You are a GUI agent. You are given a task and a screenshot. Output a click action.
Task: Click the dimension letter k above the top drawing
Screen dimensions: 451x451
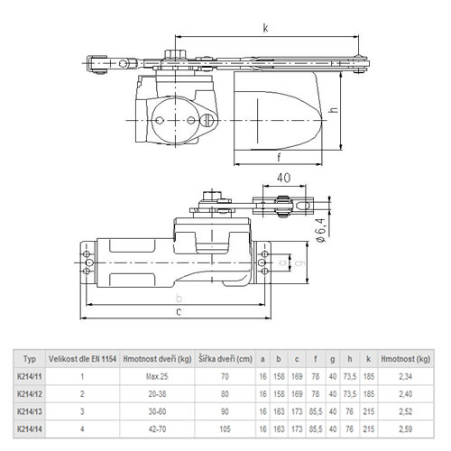click(265, 28)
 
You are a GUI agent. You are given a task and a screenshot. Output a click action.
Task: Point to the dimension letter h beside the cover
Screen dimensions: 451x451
click(334, 110)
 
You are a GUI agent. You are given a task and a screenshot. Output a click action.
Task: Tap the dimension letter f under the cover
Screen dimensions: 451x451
click(279, 157)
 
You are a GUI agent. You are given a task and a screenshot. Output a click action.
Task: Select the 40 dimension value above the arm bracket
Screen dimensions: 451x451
click(283, 178)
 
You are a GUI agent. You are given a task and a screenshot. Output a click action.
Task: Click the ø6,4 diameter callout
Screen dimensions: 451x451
click(321, 230)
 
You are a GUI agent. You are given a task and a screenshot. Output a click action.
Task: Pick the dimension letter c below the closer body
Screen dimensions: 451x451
click(179, 312)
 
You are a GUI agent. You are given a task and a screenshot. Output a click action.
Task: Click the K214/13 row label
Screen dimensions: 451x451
click(30, 411)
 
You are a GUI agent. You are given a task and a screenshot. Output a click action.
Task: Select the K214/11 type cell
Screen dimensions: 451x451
click(30, 376)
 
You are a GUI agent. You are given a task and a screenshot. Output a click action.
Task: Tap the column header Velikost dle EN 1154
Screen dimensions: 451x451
click(82, 359)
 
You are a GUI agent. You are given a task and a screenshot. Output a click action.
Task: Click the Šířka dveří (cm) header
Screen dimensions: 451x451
click(225, 359)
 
